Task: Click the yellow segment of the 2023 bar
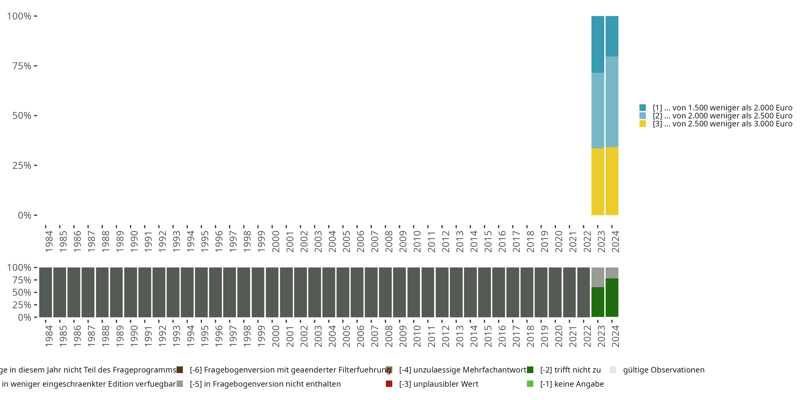click(x=598, y=182)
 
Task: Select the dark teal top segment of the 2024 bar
click(x=612, y=36)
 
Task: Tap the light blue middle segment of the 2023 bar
click(x=598, y=111)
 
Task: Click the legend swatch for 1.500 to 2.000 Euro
click(x=643, y=108)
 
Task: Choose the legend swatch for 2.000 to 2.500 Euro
click(x=643, y=116)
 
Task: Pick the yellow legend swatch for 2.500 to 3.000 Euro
click(x=643, y=124)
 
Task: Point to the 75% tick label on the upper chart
click(x=22, y=66)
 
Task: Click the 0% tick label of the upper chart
click(x=25, y=215)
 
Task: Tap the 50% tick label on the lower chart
click(x=22, y=293)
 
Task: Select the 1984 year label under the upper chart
click(x=49, y=241)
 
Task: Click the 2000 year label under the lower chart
click(x=275, y=336)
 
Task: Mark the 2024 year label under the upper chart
click(x=615, y=241)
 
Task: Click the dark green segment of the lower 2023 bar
click(x=598, y=302)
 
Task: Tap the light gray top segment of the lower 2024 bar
click(x=612, y=273)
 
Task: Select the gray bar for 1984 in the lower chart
click(x=45, y=292)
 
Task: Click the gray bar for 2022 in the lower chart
click(x=583, y=292)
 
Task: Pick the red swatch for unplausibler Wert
click(x=389, y=384)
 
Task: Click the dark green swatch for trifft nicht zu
click(x=530, y=370)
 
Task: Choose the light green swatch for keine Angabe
click(x=530, y=384)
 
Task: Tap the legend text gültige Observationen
click(x=664, y=370)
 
